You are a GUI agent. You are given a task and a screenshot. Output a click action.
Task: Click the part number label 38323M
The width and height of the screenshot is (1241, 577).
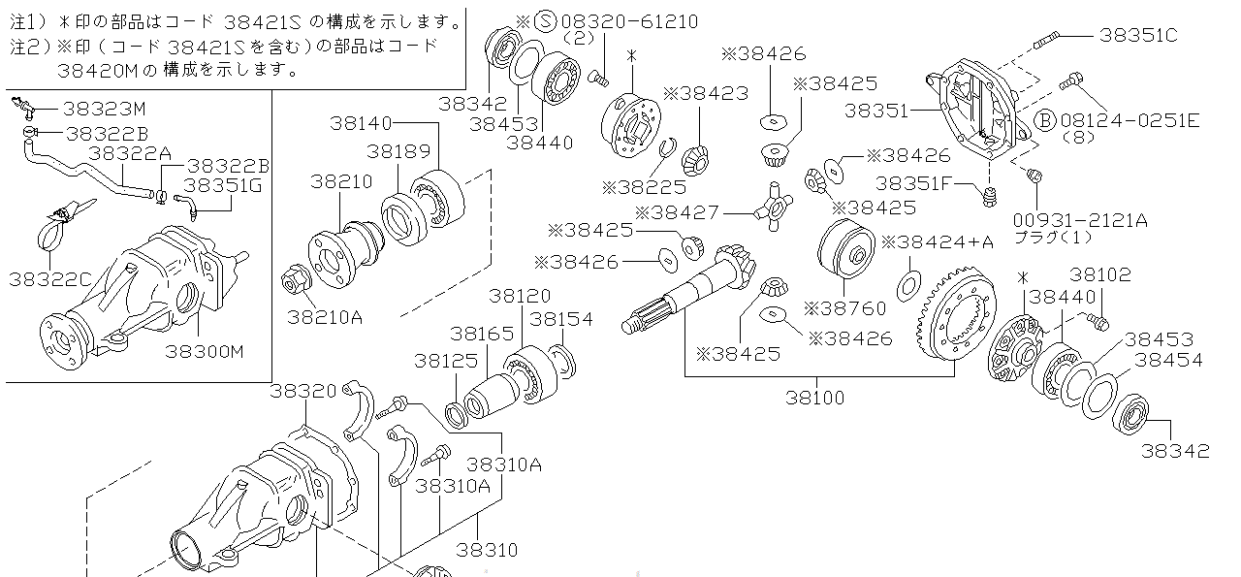coord(105,109)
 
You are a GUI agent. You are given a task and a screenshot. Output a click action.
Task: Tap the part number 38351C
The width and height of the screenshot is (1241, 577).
coord(1138,36)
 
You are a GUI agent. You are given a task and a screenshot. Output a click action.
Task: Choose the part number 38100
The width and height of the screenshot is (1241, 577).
coord(814,397)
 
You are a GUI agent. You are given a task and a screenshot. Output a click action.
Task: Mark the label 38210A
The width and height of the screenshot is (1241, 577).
coord(325,315)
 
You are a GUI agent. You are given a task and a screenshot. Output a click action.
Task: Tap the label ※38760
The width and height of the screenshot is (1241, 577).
coord(844,308)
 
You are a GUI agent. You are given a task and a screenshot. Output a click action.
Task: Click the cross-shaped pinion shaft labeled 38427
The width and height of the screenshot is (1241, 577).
coord(772,206)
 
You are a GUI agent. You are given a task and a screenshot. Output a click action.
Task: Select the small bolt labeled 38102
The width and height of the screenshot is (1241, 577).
coord(1098,319)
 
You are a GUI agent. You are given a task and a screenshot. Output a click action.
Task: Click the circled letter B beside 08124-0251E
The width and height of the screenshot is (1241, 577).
coord(1044,120)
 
